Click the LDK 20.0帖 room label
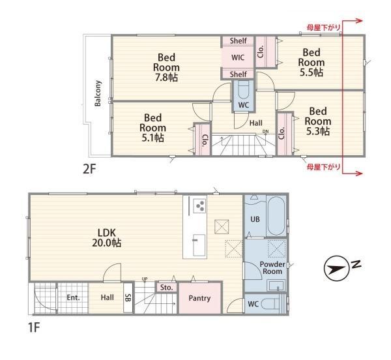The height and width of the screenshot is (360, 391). [x=107, y=237]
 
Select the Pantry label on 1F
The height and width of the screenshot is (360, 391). [x=199, y=298]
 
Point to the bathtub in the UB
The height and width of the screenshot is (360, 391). [x=277, y=216]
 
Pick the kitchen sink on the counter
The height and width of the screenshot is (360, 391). [x=199, y=245]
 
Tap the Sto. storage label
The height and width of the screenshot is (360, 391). [x=167, y=288]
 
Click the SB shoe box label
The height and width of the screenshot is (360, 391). [x=128, y=297]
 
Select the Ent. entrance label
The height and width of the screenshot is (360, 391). [x=73, y=297]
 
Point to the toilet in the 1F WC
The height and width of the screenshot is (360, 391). [x=274, y=304]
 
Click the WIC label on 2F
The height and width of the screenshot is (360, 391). [x=238, y=57]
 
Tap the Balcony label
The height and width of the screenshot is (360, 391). [x=98, y=93]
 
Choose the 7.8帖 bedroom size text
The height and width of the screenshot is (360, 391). [x=166, y=78]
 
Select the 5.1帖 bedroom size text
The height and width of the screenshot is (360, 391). [x=152, y=138]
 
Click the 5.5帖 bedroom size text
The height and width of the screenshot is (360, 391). [x=311, y=72]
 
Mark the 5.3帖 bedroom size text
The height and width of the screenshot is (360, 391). [x=318, y=131]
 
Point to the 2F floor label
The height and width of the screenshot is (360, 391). [x=89, y=170]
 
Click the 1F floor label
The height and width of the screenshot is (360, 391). [x=34, y=327]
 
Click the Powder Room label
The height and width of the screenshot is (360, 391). [x=272, y=267]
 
